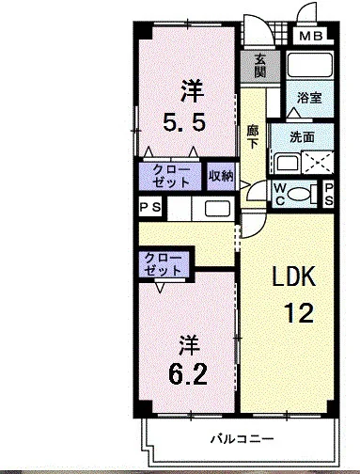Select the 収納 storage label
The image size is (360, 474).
[x=221, y=175]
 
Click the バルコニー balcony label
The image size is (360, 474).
[x=241, y=439]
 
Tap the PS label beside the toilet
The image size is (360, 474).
[x=330, y=194]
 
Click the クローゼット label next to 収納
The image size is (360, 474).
[x=170, y=175]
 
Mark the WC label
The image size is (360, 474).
[x=279, y=194]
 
